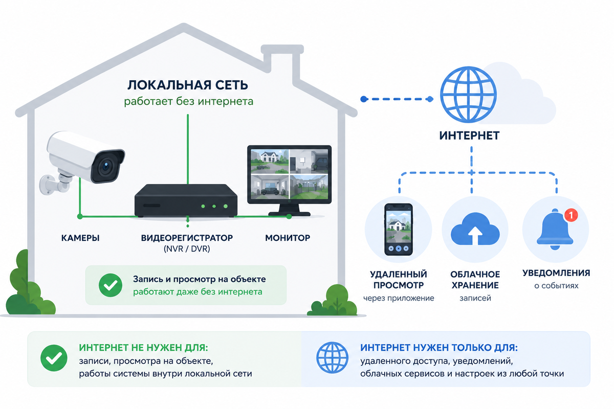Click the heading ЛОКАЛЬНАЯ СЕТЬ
[188, 85]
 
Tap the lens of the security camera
[106, 166]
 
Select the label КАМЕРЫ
[80, 238]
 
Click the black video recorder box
[186, 200]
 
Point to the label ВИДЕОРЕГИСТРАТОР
[187, 238]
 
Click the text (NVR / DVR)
[187, 249]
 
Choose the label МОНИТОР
[288, 238]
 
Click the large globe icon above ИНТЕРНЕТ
[469, 95]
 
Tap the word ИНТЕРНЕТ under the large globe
[469, 135]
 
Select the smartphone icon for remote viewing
[399, 229]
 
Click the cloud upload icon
[475, 229]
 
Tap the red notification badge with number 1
[571, 215]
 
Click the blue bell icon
[555, 230]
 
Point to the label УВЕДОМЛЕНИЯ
[556, 273]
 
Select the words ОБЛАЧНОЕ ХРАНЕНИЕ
[475, 280]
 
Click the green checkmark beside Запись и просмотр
[111, 285]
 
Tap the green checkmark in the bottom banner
[54, 358]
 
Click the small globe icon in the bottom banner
[332, 357]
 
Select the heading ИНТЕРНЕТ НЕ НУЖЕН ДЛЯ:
[144, 348]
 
